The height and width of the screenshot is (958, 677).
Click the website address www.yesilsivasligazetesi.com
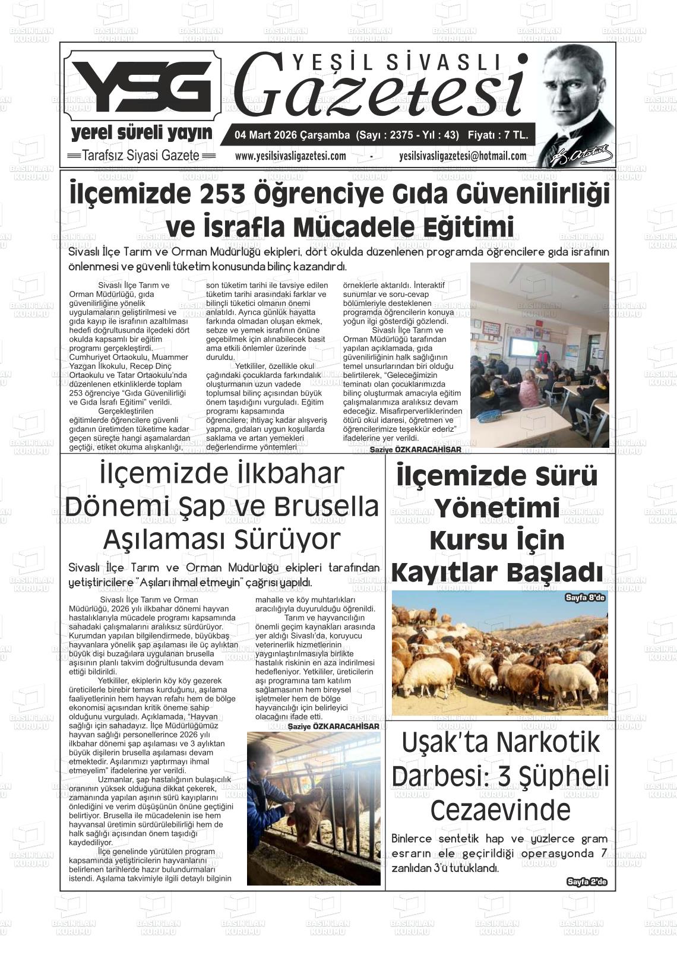(x=290, y=156)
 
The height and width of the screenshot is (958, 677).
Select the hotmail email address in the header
(x=463, y=156)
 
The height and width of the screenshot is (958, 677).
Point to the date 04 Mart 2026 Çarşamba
(x=292, y=135)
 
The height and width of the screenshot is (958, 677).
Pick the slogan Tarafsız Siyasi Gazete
(x=141, y=156)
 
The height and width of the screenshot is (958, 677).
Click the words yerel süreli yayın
(x=141, y=132)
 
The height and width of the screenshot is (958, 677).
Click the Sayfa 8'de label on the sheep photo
(x=585, y=597)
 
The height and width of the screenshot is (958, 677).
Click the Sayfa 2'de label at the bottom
(x=587, y=882)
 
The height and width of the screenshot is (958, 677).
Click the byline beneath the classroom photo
(x=415, y=450)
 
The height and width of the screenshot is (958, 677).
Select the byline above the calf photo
(x=333, y=726)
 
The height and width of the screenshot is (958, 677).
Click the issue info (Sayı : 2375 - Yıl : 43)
(x=407, y=135)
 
